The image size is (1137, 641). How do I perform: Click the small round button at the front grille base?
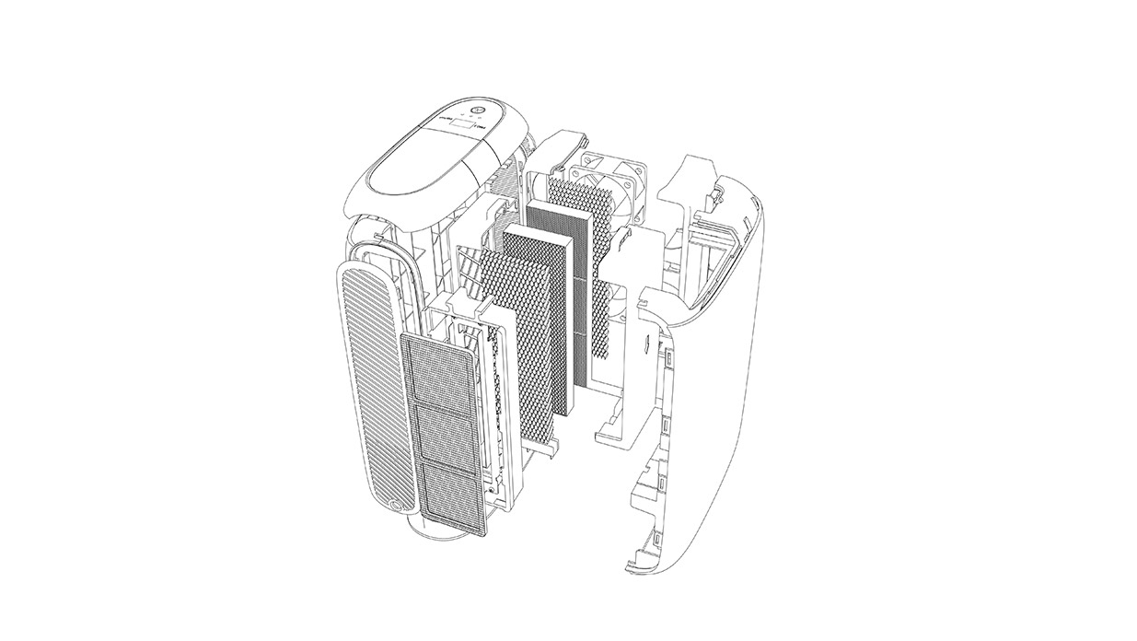[397, 504]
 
